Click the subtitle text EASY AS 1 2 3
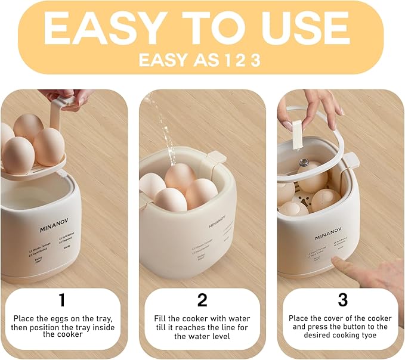coord(199,60)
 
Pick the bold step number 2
coord(203,299)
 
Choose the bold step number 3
coord(342,299)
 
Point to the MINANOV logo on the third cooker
coord(329,237)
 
